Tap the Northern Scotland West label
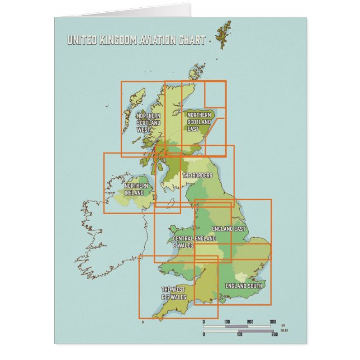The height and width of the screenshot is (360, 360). click(x=148, y=122)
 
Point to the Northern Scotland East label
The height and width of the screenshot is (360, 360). click(x=199, y=121)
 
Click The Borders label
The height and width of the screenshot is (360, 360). click(x=197, y=176)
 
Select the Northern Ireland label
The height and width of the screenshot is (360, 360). click(x=136, y=189)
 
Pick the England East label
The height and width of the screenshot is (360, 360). click(x=229, y=229)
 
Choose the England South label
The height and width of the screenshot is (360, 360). click(x=243, y=286)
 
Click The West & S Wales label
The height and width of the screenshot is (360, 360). click(x=174, y=293)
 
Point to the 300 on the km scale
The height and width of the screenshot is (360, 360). click(x=273, y=322)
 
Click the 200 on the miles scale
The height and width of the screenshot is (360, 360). click(x=274, y=334)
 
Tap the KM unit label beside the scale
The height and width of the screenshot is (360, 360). click(x=283, y=325)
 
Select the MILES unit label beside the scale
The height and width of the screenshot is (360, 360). click(x=285, y=330)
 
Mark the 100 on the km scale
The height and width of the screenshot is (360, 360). click(x=227, y=322)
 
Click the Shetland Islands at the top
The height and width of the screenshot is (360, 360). click(x=225, y=30)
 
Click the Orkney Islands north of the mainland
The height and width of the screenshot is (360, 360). click(x=197, y=72)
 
